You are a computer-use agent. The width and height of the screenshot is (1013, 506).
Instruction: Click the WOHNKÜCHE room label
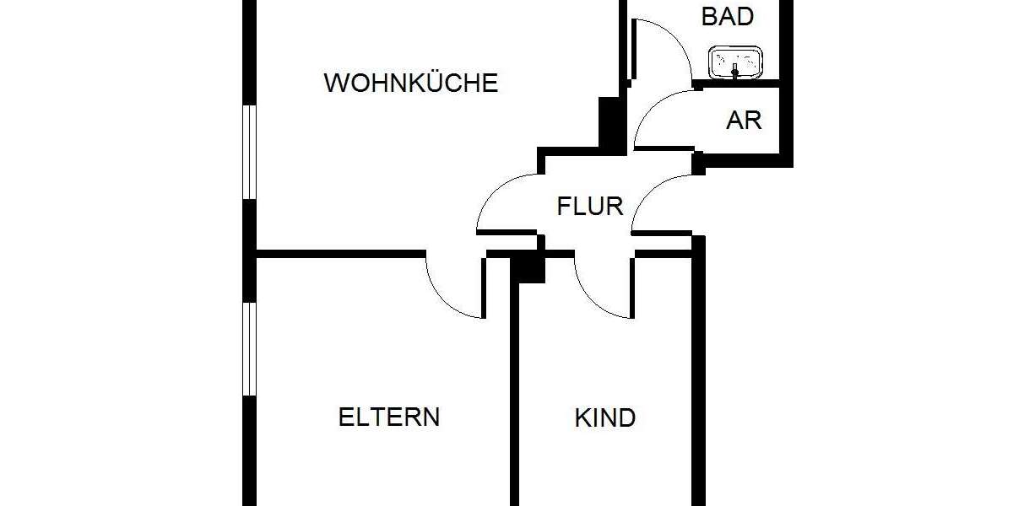click(411, 83)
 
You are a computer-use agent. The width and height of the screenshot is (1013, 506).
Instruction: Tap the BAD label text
click(728, 16)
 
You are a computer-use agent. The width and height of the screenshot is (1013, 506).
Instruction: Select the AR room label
click(744, 120)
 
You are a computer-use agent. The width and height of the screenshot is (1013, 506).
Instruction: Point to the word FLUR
click(590, 206)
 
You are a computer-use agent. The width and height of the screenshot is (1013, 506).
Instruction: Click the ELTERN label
click(389, 417)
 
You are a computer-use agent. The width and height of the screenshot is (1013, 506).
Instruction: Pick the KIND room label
click(604, 417)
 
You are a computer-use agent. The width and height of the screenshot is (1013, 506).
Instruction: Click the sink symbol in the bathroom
click(736, 61)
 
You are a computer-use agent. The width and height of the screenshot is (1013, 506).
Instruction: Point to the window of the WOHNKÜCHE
click(249, 152)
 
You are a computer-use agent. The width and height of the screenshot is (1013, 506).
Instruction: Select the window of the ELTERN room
click(249, 348)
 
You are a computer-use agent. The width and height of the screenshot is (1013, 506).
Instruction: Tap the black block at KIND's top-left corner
click(530, 267)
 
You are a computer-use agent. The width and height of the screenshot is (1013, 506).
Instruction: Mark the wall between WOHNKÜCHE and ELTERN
click(338, 252)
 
